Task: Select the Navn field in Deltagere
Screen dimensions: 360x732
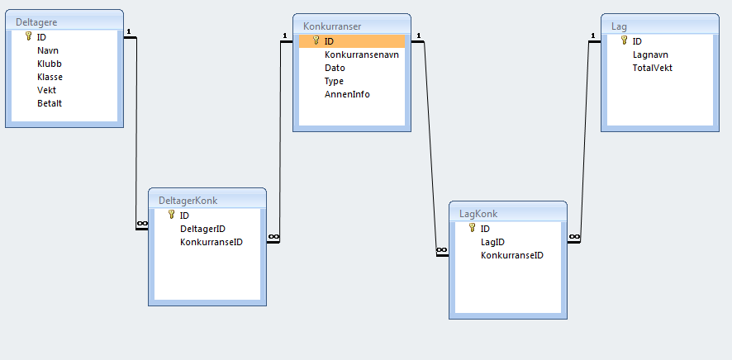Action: [x=48, y=50]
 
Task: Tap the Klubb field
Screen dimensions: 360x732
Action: [x=50, y=64]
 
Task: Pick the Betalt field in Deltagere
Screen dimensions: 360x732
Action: [x=50, y=103]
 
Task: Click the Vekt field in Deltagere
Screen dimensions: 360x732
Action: [x=47, y=90]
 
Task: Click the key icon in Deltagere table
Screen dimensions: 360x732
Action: [x=28, y=37]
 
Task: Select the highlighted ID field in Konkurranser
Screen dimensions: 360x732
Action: [x=329, y=40]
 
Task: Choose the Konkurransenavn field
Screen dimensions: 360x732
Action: [x=362, y=54]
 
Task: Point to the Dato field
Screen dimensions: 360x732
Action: [x=335, y=68]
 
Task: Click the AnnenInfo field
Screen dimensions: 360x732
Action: [x=347, y=94]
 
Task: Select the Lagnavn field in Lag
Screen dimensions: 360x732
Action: [x=650, y=54]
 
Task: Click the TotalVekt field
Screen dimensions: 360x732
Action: [x=653, y=68]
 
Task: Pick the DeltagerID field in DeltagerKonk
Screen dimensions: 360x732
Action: [x=202, y=229]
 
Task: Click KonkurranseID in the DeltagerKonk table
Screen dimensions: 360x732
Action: [x=211, y=242]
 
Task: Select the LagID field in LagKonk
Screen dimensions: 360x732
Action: [x=492, y=242]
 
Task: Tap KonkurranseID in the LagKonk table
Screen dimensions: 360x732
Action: [x=511, y=255]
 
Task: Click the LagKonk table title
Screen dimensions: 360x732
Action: [x=478, y=214]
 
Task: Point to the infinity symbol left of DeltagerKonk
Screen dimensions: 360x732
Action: [x=141, y=224]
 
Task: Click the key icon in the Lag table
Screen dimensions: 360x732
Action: [x=625, y=40]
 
